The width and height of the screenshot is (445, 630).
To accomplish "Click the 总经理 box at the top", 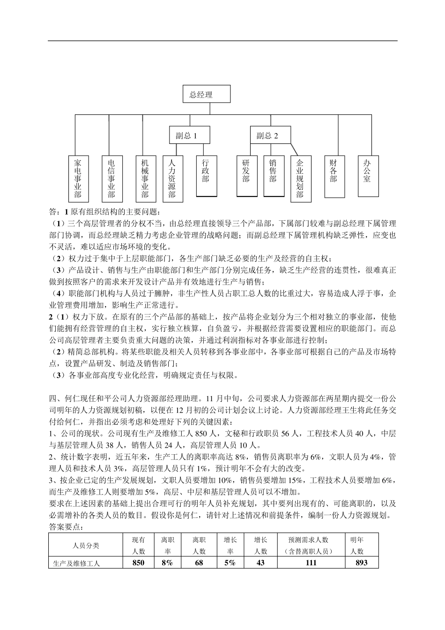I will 206,94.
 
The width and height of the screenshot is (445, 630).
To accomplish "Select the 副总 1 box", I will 189,135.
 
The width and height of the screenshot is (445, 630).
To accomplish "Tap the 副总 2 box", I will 270,135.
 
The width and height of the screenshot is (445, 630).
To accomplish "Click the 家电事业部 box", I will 78,178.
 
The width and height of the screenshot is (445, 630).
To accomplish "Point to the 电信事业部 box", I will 111,178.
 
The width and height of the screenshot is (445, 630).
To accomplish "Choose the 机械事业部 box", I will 145,178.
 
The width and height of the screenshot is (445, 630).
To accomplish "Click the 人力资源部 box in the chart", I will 172,178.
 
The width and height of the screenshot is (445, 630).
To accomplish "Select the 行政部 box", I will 206,176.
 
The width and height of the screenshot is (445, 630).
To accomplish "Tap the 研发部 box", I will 246,176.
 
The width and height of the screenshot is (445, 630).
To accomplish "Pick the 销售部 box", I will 274,176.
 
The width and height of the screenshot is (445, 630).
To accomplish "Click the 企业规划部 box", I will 300,178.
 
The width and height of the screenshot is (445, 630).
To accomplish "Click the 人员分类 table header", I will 86,545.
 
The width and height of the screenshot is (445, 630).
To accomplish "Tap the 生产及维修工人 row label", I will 77,563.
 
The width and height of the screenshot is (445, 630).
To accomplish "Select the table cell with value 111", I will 311,563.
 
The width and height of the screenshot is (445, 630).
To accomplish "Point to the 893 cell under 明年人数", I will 362,563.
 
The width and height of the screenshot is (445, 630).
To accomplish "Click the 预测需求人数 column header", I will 311,545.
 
